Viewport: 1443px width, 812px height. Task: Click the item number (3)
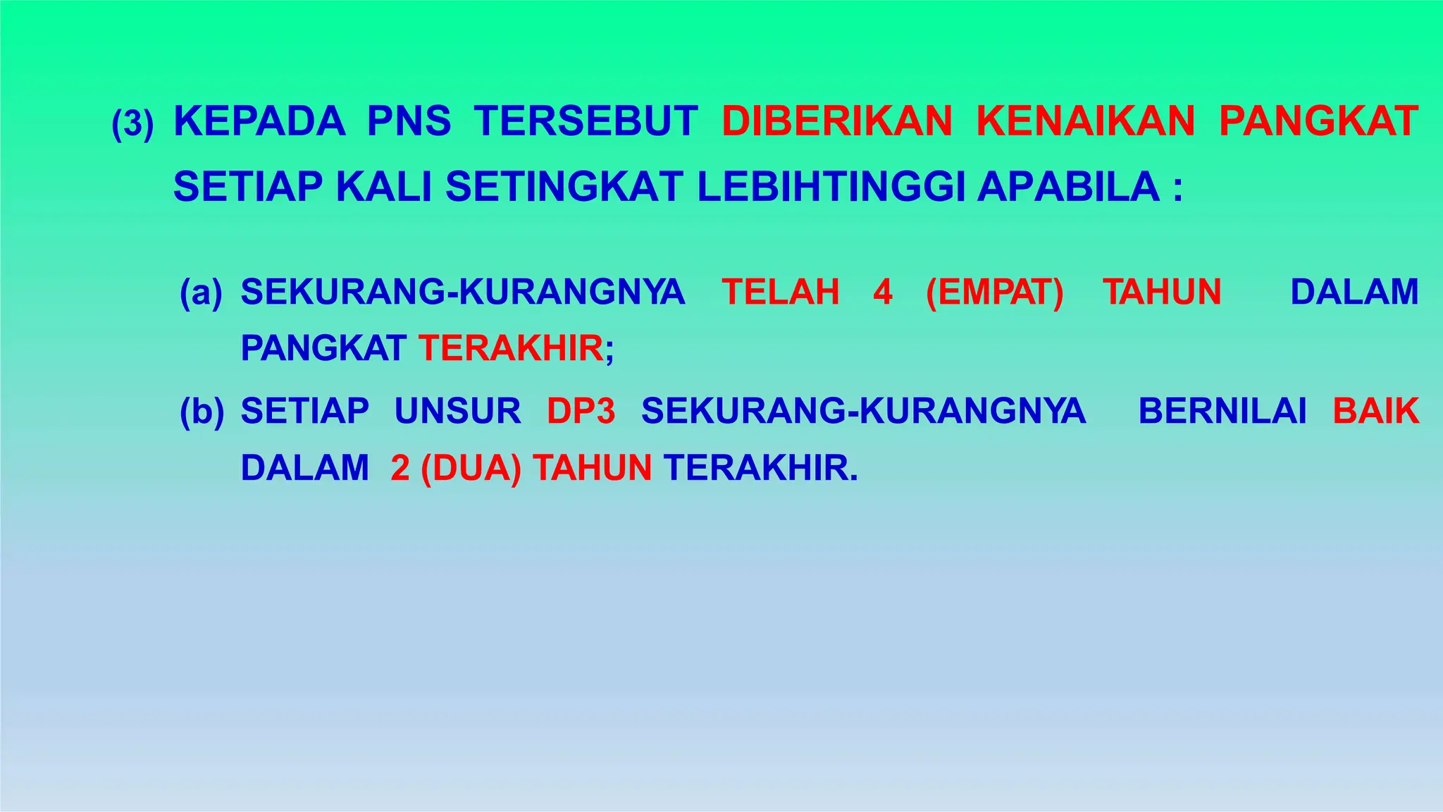pyautogui.click(x=132, y=124)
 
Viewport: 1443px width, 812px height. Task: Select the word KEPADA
pyautogui.click(x=259, y=121)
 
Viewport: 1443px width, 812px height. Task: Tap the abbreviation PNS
pyautogui.click(x=409, y=121)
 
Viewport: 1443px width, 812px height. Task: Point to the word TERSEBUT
pyautogui.click(x=586, y=121)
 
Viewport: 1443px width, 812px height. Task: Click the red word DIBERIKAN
pyautogui.click(x=837, y=121)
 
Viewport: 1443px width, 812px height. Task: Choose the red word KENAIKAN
pyautogui.click(x=1086, y=121)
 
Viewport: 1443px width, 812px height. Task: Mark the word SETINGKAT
pyautogui.click(x=564, y=187)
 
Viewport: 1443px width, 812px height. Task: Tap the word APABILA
pyautogui.click(x=1068, y=187)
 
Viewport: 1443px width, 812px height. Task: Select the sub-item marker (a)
pyautogui.click(x=201, y=293)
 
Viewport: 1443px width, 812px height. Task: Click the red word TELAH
pyautogui.click(x=781, y=292)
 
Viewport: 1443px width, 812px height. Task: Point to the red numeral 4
pyautogui.click(x=883, y=292)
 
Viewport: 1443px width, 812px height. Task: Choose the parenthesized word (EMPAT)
pyautogui.click(x=995, y=293)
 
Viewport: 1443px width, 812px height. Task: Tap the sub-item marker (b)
pyautogui.click(x=202, y=412)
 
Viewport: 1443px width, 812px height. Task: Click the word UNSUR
pyautogui.click(x=457, y=411)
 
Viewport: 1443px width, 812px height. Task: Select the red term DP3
pyautogui.click(x=581, y=411)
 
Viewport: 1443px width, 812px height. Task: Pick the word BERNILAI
pyautogui.click(x=1222, y=411)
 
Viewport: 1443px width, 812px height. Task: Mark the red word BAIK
pyautogui.click(x=1375, y=411)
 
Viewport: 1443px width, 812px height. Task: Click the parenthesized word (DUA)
pyautogui.click(x=471, y=468)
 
